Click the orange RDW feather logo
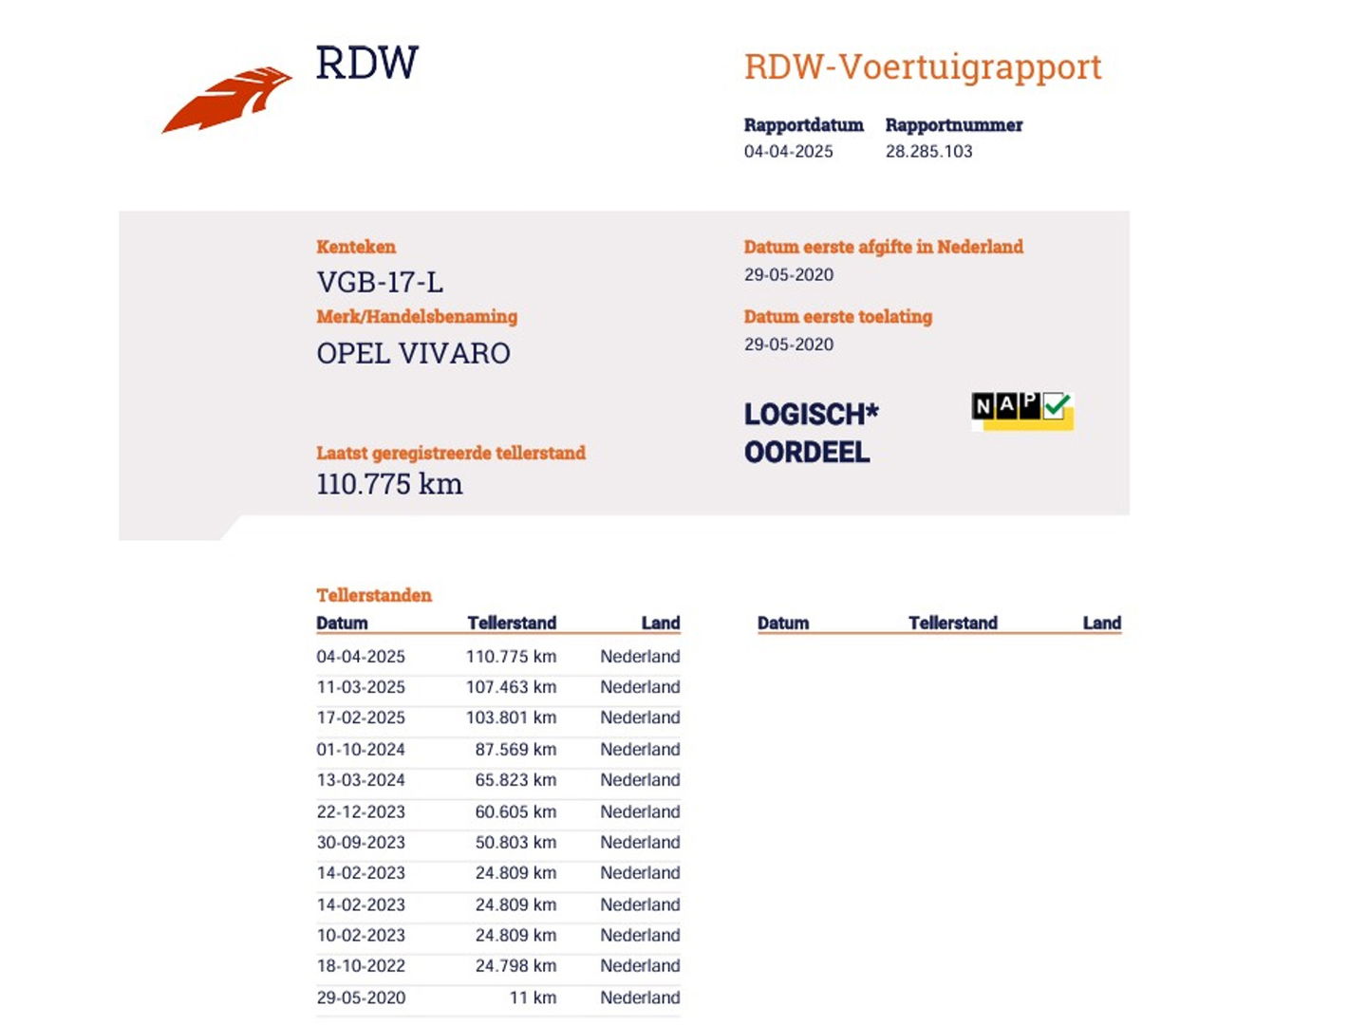(227, 100)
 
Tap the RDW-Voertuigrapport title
(923, 66)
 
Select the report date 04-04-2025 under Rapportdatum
(788, 151)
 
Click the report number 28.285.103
(928, 151)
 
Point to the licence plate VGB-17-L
(380, 282)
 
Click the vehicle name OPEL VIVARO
(414, 353)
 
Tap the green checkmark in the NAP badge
(1057, 406)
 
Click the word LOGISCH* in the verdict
(811, 415)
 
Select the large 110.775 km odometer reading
(389, 484)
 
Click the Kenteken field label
(356, 247)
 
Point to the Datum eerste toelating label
(837, 317)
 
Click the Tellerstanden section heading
(374, 596)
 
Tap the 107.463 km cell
(511, 687)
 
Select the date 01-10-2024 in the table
(361, 750)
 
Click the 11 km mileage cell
(533, 997)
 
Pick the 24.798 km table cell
(515, 966)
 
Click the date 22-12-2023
(361, 812)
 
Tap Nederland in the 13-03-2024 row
(640, 780)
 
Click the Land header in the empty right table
(1102, 623)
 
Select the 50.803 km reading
(515, 842)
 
